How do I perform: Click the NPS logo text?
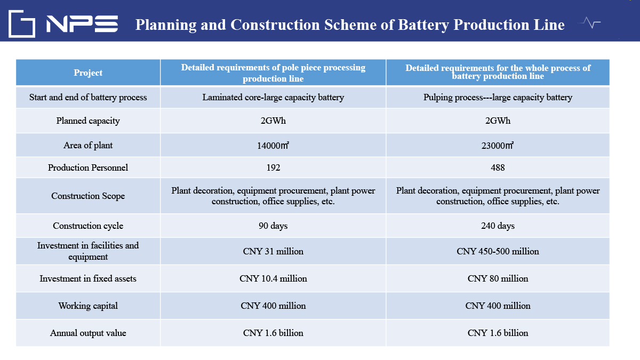click(82, 23)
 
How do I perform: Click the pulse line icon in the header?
click(589, 23)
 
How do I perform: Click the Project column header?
click(88, 73)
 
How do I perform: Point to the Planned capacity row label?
click(88, 121)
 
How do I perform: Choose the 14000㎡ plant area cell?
click(273, 146)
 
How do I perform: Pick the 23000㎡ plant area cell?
click(498, 146)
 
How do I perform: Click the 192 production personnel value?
click(273, 167)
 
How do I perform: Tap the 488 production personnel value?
click(498, 167)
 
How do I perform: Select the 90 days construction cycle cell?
click(273, 226)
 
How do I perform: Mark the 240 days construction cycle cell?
click(498, 226)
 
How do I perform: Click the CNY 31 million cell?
click(273, 251)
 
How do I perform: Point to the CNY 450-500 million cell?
click(498, 251)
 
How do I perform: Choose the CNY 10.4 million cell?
click(273, 278)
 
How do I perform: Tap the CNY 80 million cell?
click(498, 278)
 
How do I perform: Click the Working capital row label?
click(88, 306)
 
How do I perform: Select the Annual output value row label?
click(88, 333)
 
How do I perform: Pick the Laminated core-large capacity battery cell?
click(273, 97)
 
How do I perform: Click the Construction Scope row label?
click(88, 196)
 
